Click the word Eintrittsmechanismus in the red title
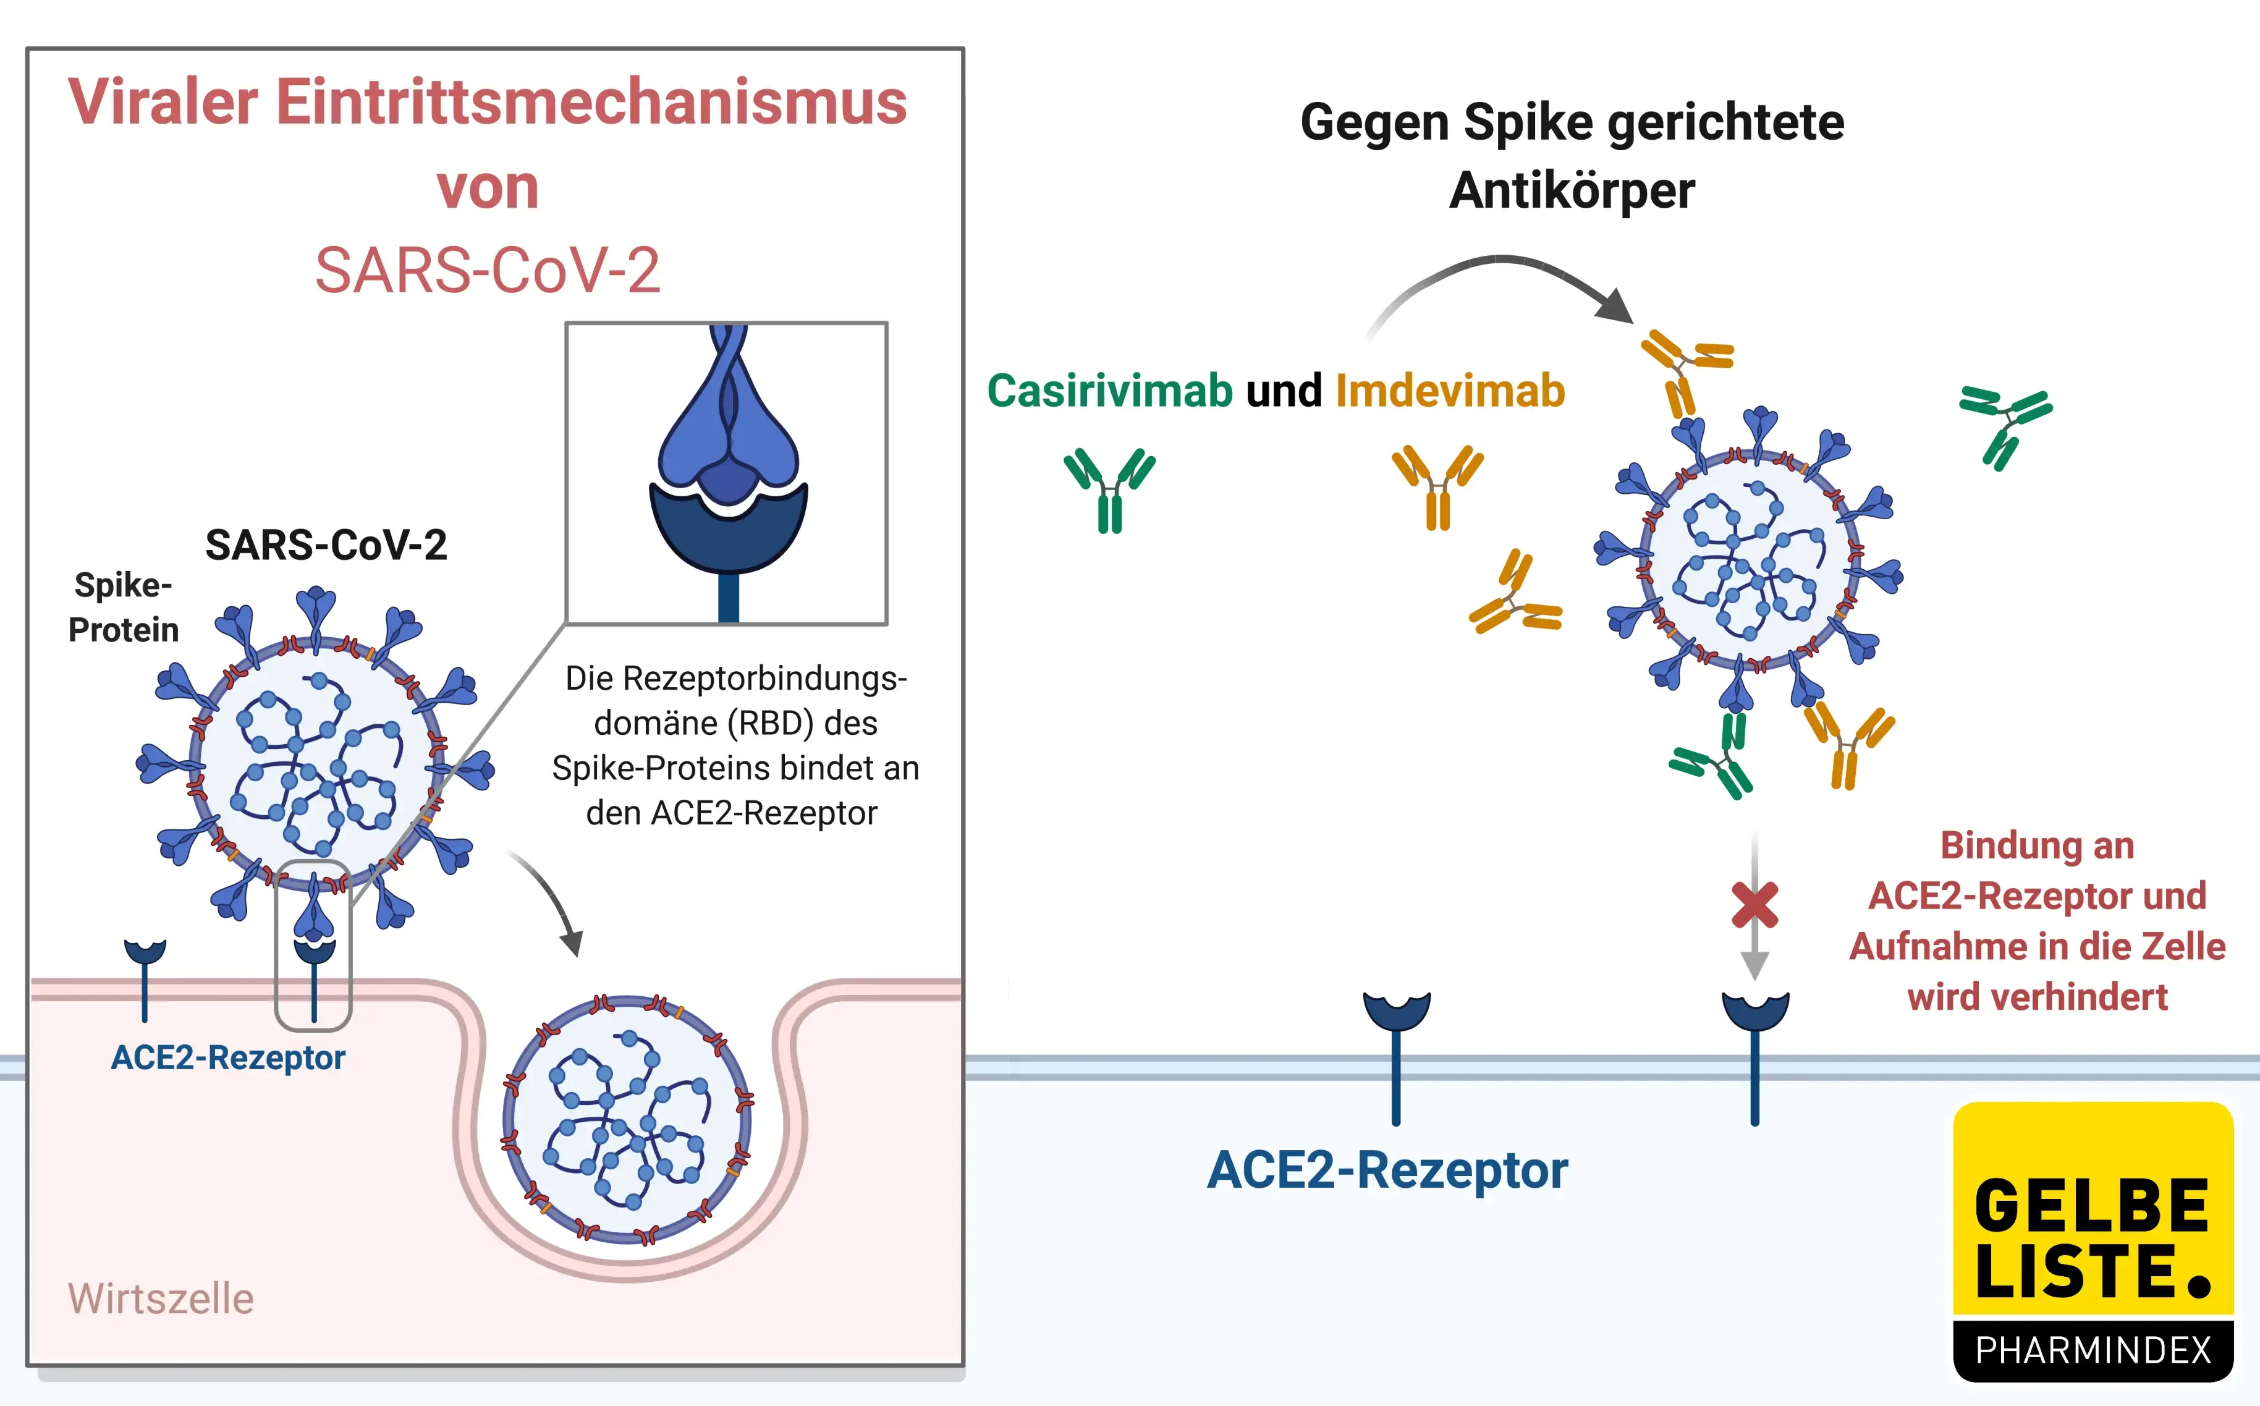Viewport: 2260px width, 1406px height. [591, 103]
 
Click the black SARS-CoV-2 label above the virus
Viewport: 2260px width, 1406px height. [326, 545]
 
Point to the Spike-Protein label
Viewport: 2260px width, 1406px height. [123, 608]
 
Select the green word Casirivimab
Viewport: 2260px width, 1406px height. [1109, 391]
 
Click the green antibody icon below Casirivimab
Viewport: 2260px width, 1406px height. [1109, 490]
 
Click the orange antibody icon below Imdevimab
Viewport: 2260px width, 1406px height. [1437, 487]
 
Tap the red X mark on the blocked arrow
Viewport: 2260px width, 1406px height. [1754, 905]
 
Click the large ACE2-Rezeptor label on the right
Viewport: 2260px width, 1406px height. [1386, 1170]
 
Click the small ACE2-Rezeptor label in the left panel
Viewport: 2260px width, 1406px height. [228, 1058]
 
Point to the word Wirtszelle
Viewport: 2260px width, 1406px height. [160, 1298]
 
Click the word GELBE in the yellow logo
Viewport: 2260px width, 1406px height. [2092, 1206]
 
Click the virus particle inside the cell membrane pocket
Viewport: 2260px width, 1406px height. [628, 1120]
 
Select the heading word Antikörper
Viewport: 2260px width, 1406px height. [1571, 190]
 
